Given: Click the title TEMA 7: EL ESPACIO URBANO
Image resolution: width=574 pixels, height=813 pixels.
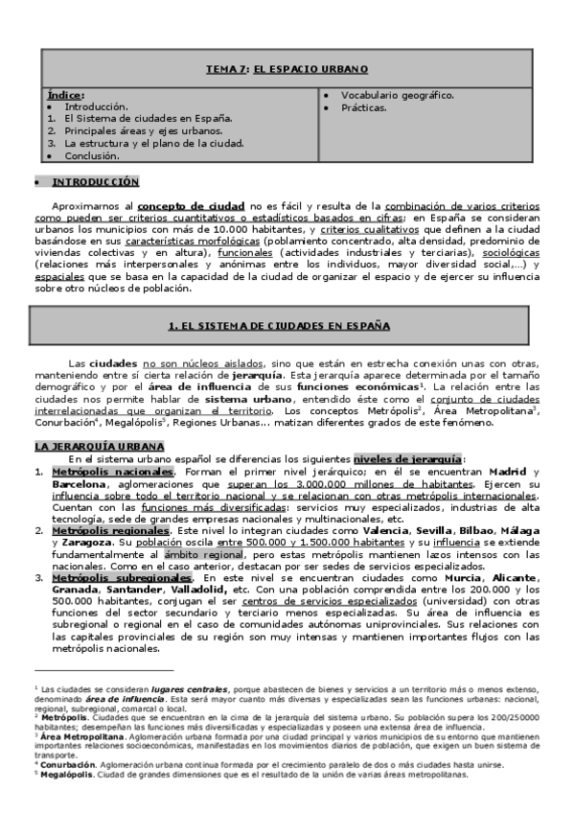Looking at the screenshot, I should click(287, 70).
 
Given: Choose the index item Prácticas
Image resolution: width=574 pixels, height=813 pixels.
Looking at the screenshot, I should click(364, 107).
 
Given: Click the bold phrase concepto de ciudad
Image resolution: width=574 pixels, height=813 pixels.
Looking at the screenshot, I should click(192, 205).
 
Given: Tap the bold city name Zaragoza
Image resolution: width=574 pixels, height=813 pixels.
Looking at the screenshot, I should click(80, 543).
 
